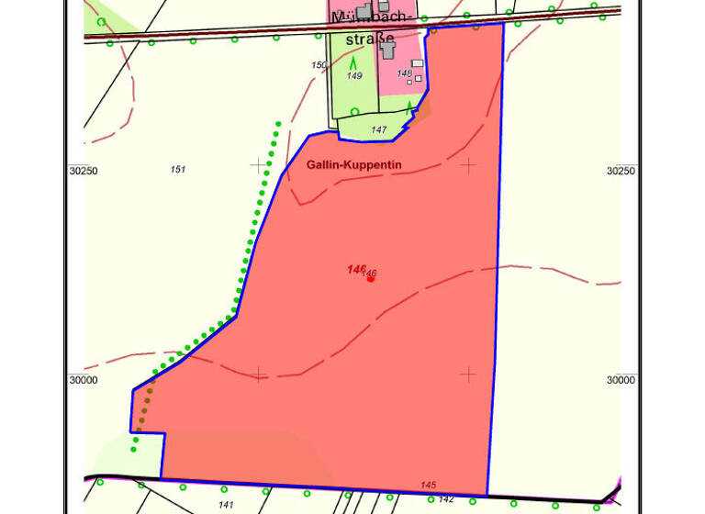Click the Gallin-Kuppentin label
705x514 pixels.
(353, 165)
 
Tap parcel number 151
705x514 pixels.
(178, 169)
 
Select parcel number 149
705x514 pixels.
(354, 76)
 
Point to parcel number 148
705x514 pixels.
(405, 73)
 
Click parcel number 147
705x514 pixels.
(379, 130)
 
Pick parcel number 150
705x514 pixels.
(319, 65)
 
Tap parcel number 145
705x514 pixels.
(428, 485)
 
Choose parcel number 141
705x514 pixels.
(226, 505)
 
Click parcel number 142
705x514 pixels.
(446, 499)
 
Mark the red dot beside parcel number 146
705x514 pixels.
(370, 278)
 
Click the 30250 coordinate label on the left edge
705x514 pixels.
(83, 171)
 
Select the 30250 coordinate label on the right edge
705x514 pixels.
(621, 171)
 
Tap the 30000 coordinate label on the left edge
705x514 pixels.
(83, 380)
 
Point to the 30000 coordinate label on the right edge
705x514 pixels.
(621, 380)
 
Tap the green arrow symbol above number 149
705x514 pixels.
(353, 62)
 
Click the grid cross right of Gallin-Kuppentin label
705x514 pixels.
(468, 165)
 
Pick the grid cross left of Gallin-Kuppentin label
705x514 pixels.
(258, 165)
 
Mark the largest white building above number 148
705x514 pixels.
(418, 63)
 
